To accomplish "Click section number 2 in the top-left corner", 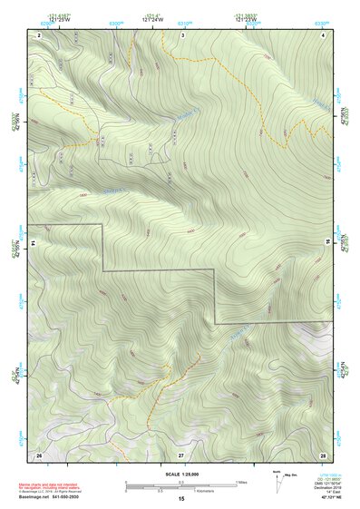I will coord(40,34).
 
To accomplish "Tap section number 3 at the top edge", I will coord(182,34).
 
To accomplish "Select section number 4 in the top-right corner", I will coord(324,34).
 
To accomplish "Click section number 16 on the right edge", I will coord(340,244).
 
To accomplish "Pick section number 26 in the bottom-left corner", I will coord(39,454).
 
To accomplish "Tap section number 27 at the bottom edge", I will coord(180,454).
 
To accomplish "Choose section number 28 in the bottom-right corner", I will coord(324,454).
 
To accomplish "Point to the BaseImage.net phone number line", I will coord(56,496).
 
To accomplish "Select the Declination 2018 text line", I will coord(323,487).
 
